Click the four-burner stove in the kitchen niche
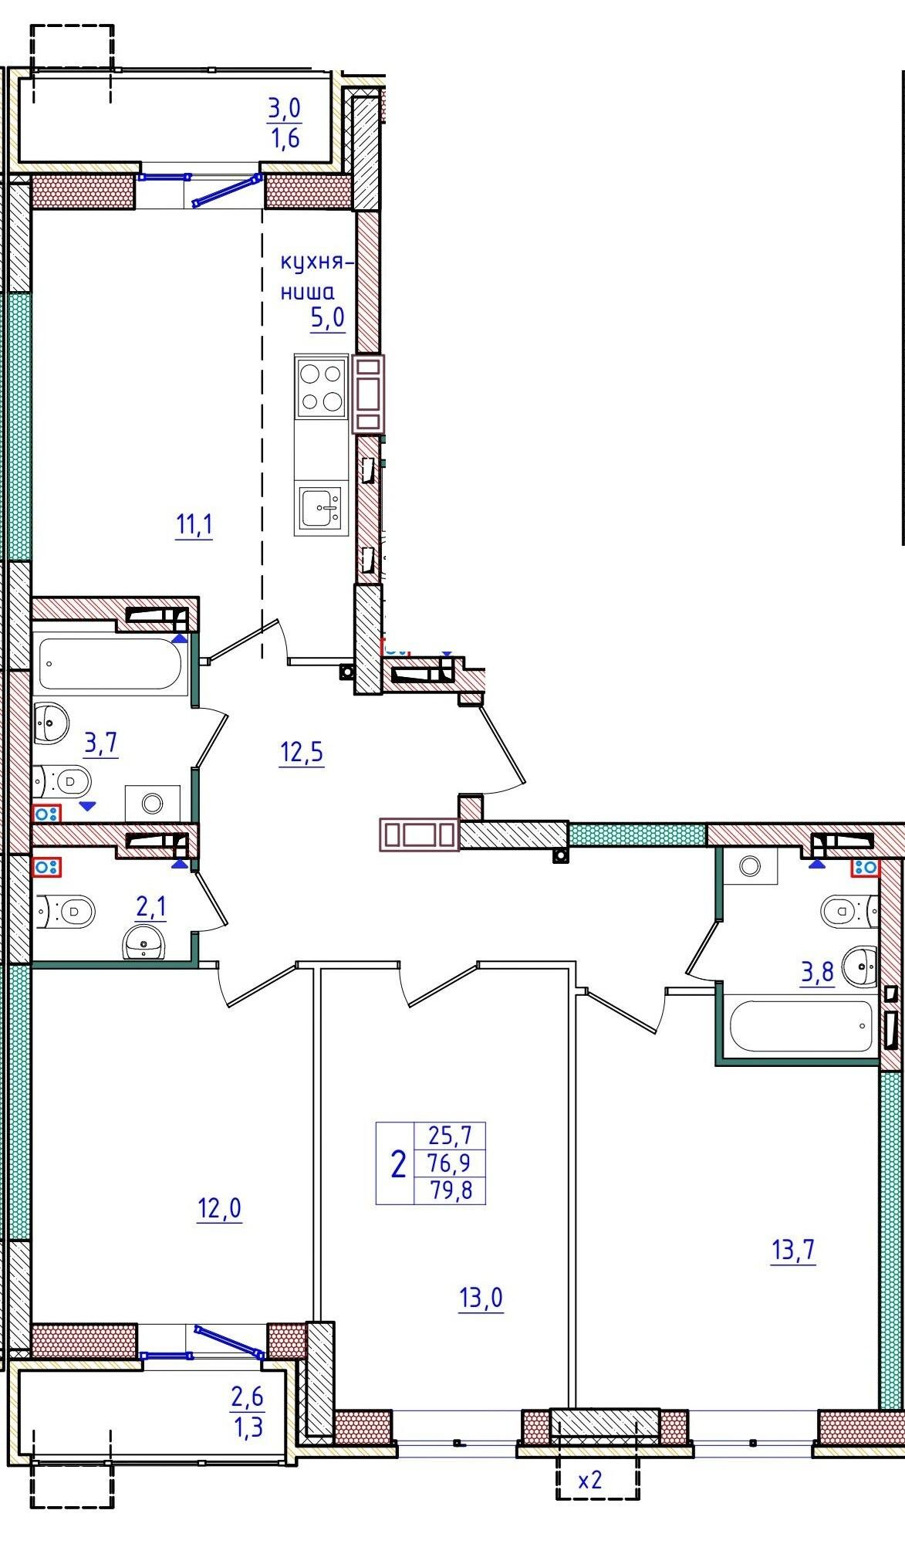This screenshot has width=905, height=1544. point(322,388)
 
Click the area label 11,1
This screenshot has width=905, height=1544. point(194,527)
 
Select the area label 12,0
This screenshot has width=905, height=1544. point(220,1208)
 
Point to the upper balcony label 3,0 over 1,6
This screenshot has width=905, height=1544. point(284,124)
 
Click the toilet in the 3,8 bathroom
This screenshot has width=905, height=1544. point(849,909)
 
